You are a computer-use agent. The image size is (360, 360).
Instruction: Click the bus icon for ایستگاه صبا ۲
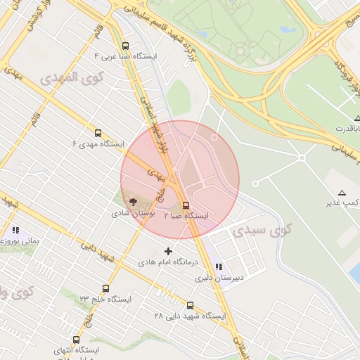coord(186,205)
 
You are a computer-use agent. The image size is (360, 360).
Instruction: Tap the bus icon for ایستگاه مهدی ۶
coord(98,132)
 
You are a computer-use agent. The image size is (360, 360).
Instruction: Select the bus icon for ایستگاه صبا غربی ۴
coord(125,44)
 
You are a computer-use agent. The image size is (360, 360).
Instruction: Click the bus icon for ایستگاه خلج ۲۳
coord(105,288)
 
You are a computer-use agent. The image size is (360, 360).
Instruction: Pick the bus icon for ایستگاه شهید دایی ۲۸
coord(190,305)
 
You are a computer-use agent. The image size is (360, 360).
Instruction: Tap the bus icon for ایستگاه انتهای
coord(77,337)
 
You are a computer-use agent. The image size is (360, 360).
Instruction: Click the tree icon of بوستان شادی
coord(134,202)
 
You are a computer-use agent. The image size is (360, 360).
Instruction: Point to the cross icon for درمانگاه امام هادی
coord(167,251)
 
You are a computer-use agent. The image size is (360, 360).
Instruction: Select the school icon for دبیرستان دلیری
coord(219,266)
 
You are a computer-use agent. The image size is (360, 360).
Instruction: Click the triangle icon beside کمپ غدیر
coord(342,193)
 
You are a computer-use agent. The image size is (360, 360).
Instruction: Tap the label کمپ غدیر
coord(337,203)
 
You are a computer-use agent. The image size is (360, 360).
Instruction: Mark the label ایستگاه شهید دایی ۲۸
coord(190,316)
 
